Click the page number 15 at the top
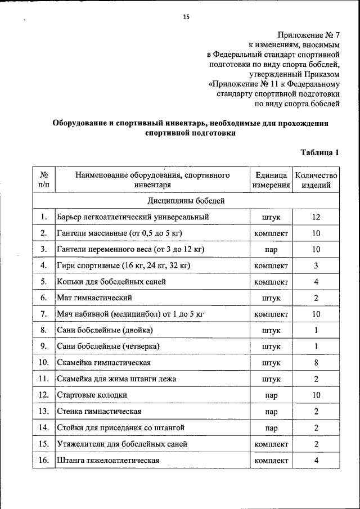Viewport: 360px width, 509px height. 186,17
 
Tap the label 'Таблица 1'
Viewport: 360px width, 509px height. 319,152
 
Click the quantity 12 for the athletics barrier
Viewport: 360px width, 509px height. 316,217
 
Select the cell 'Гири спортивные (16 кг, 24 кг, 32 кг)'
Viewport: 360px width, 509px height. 124,265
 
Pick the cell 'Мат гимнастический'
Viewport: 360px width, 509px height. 94,298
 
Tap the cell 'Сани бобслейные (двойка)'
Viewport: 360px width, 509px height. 105,330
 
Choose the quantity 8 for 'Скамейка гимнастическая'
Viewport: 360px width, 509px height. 316,363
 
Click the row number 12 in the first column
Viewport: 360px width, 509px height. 43,395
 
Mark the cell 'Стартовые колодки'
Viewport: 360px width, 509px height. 92,395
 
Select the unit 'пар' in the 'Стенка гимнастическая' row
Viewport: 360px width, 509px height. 271,412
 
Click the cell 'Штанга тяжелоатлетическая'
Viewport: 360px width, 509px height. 108,461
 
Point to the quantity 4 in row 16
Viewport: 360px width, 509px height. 316,461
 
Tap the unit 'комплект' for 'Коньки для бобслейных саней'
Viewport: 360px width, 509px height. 271,281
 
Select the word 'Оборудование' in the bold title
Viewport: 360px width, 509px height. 80,123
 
